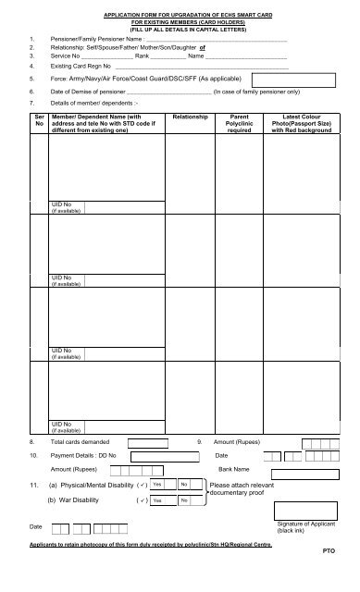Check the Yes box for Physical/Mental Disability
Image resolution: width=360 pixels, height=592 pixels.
coord(159,485)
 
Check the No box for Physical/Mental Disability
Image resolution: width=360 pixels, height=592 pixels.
coord(184,485)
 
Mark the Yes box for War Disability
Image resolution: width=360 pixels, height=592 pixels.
coord(159,500)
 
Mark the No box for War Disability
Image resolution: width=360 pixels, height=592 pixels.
coord(184,500)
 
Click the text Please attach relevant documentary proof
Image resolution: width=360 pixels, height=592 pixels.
coord(242,488)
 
